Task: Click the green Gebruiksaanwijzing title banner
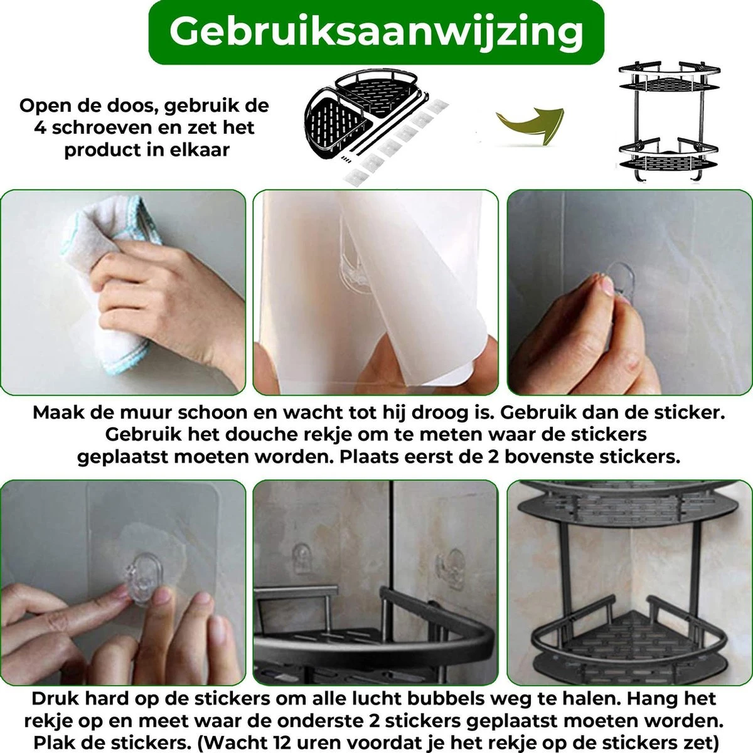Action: [x=376, y=31]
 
